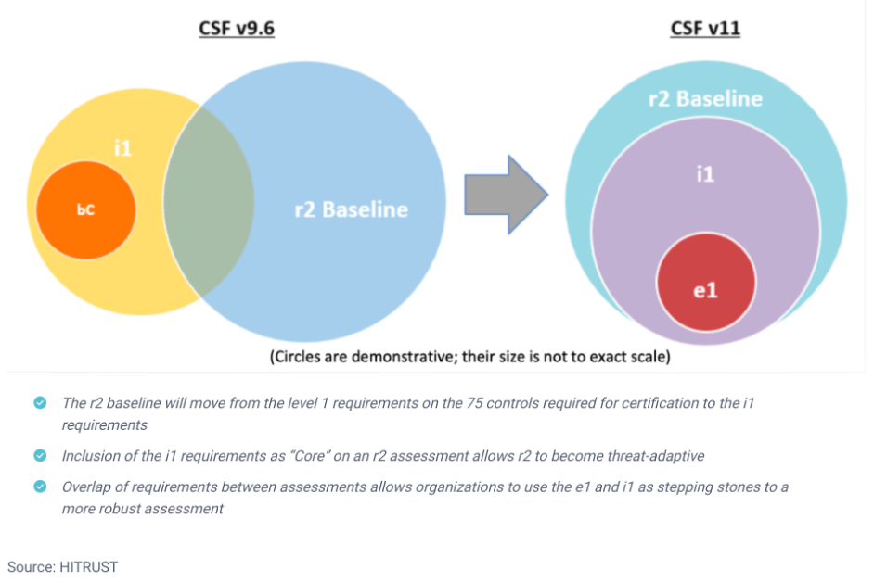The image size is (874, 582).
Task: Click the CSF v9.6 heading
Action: [x=237, y=28]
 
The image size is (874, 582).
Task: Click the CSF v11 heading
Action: [x=705, y=28]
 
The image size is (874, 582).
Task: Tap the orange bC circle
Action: [x=86, y=210]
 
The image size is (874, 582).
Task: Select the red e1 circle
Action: [x=706, y=283]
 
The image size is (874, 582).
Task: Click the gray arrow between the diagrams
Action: [x=506, y=195]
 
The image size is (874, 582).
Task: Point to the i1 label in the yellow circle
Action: [x=122, y=148]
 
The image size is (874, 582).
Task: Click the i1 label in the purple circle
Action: [x=705, y=174]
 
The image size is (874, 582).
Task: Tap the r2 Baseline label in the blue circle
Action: [x=351, y=209]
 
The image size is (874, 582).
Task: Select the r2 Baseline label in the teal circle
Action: [x=705, y=98]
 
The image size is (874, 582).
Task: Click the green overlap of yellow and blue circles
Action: [x=209, y=202]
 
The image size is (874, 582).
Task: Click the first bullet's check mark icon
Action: [x=40, y=402]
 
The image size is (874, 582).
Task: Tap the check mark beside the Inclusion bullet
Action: [x=40, y=455]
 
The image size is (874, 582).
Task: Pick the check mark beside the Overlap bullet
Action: [x=40, y=487]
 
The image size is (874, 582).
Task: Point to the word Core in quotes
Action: [x=309, y=456]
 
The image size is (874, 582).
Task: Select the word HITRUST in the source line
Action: [x=89, y=566]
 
